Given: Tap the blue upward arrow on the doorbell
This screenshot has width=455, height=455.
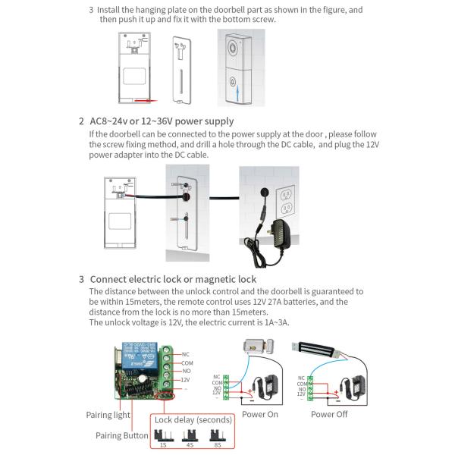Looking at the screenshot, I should tap(240, 94).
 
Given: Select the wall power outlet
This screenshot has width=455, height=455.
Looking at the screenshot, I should tap(287, 199).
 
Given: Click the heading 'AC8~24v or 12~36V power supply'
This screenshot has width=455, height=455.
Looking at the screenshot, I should tap(161, 121).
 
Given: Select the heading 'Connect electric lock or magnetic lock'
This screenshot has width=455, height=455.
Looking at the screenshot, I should tap(173, 280).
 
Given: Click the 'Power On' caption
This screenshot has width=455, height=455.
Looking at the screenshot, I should tap(260, 415).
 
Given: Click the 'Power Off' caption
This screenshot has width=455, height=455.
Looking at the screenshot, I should tap(329, 415).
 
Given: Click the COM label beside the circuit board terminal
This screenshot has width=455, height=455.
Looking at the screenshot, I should tap(187, 364).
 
